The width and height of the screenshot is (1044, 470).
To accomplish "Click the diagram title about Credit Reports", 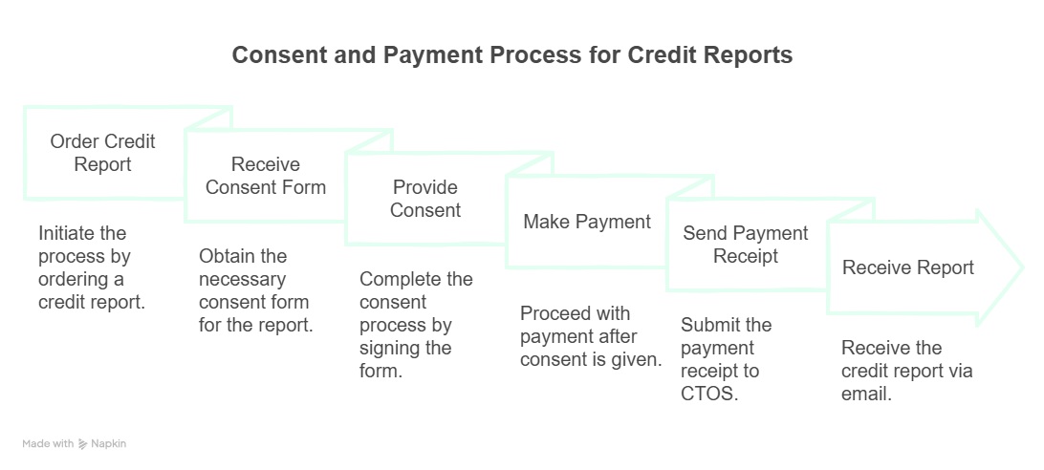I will (512, 55).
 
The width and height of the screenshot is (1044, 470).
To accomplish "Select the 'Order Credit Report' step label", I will (102, 153).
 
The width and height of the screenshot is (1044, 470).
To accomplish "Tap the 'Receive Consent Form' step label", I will (266, 176).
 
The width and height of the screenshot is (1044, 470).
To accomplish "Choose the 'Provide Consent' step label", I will (425, 199).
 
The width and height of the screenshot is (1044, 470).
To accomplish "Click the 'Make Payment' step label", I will (587, 222).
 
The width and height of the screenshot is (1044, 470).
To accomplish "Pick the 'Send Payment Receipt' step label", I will (746, 245).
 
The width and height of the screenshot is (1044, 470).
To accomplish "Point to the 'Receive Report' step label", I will (908, 267).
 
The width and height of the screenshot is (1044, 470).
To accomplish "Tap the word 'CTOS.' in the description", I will (708, 394).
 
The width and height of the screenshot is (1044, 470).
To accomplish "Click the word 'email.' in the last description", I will (866, 394).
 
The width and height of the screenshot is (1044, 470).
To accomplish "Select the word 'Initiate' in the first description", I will (69, 233).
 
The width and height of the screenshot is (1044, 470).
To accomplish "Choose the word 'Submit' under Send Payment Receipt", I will (711, 325).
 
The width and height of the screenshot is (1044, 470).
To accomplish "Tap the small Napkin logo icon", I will (83, 444).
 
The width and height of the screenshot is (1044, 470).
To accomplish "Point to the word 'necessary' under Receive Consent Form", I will (242, 279).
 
